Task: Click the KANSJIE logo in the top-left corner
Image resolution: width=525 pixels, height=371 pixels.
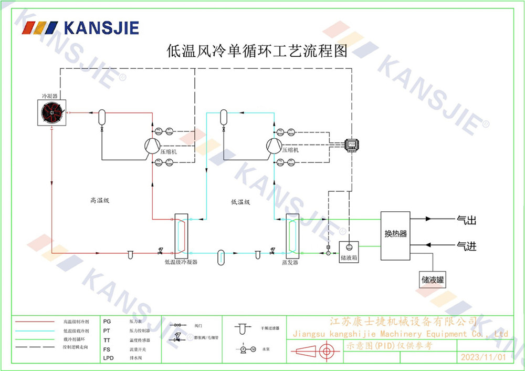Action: point(81,27)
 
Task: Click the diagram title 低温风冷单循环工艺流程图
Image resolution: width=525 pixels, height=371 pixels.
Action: point(257,51)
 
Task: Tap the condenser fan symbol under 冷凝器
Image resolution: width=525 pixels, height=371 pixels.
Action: point(52,112)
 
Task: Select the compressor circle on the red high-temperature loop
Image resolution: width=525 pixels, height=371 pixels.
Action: point(153,146)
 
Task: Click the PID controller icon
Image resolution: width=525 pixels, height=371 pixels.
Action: point(351,143)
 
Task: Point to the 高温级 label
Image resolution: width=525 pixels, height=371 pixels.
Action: point(99,200)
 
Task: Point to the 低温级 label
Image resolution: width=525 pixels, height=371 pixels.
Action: point(240,201)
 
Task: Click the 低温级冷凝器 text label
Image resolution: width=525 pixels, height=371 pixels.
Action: point(181,262)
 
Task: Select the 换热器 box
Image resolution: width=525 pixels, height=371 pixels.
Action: point(395,235)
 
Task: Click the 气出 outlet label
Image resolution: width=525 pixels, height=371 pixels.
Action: point(466,221)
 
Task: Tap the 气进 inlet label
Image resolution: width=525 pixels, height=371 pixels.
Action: point(466,246)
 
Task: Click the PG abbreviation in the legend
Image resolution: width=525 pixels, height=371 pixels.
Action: point(107,321)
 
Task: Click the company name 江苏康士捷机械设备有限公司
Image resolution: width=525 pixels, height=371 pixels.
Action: point(402,321)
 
